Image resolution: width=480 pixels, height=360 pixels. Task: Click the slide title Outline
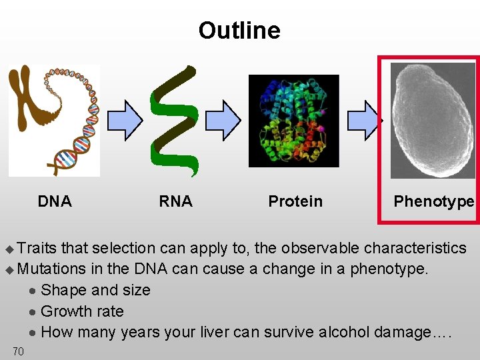(239, 31)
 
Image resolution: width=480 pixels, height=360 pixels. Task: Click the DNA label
(55, 201)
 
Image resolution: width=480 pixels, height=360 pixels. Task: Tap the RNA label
(175, 201)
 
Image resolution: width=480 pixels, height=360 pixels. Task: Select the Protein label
(295, 201)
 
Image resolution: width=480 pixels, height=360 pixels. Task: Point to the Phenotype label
(433, 201)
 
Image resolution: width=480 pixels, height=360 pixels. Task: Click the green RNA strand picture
(175, 120)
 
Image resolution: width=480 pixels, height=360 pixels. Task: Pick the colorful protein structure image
(293, 120)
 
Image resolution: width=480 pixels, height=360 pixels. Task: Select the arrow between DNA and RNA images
(125, 120)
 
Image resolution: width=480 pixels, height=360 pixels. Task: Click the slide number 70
(18, 351)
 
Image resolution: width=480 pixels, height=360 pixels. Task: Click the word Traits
(37, 248)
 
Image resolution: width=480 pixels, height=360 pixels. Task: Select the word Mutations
(52, 269)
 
